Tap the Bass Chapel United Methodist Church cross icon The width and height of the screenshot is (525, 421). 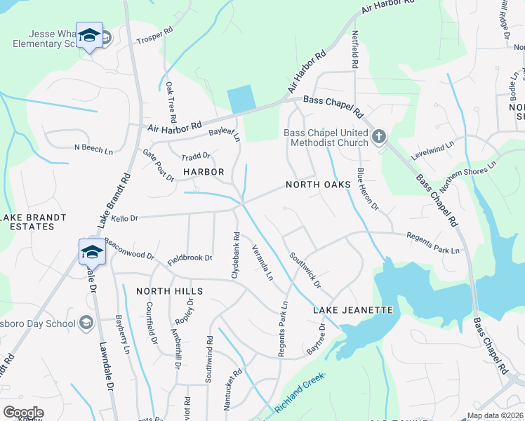(x=379, y=136)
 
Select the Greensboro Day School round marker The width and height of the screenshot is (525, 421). (x=86, y=323)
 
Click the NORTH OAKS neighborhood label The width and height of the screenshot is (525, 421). (x=318, y=185)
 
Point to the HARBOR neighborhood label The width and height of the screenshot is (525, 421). (x=204, y=172)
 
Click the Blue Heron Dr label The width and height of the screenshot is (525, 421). (x=367, y=189)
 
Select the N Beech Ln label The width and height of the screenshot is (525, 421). (x=93, y=149)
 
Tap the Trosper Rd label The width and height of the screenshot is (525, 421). (x=154, y=39)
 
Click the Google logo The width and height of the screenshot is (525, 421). (x=23, y=413)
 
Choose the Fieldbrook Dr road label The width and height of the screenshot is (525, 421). (x=190, y=258)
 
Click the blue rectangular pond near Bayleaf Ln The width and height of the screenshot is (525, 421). (x=240, y=99)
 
